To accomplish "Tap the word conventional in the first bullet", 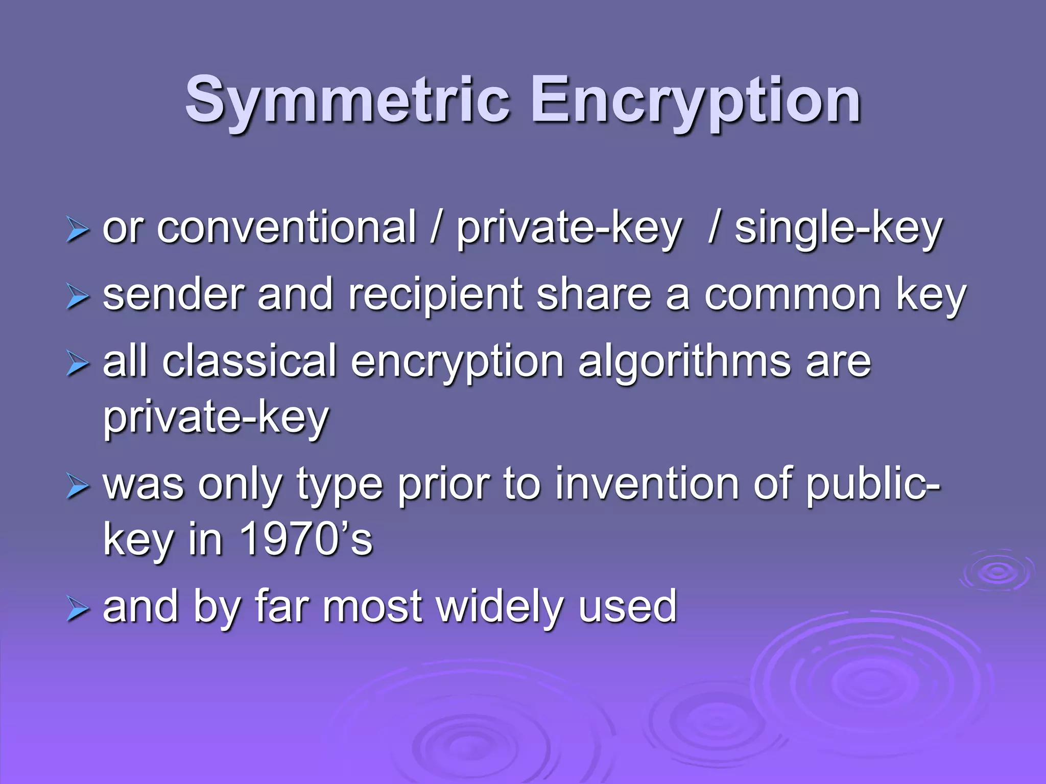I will pos(286,228).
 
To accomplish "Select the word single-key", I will pos(838,229).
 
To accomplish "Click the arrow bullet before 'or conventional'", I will pos(77,230).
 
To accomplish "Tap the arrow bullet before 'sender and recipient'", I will pos(77,297).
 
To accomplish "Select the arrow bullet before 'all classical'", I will pos(77,364).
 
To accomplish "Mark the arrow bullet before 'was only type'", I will pos(77,486).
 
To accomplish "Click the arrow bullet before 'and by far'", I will pos(77,609).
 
